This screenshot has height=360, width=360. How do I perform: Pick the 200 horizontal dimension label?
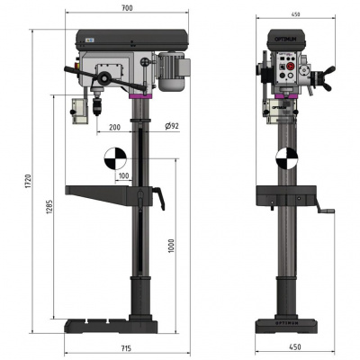coord(113,126)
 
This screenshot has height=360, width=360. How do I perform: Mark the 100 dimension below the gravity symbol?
coord(122,176)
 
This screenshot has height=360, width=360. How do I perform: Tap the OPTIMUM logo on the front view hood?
coord(285,39)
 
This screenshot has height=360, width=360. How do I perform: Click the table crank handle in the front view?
coord(327,212)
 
